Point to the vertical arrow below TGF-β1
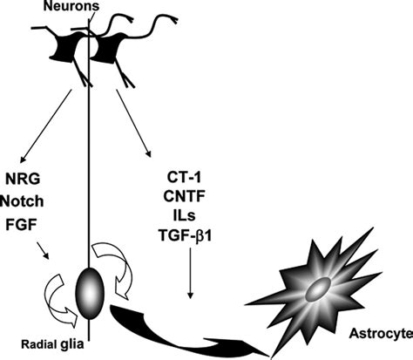(x=190, y=279)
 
